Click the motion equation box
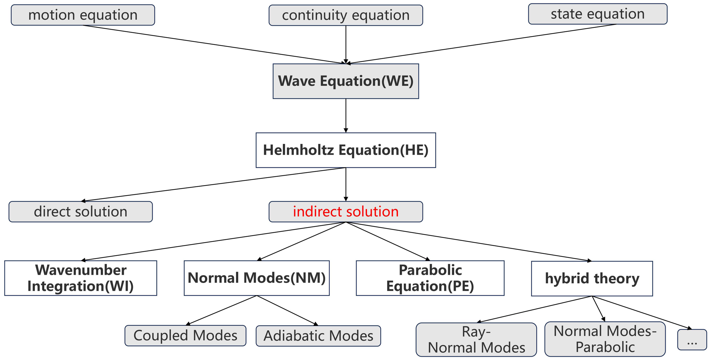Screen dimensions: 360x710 point(83,15)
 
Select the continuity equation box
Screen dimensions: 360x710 point(346,15)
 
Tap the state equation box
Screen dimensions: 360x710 point(598,14)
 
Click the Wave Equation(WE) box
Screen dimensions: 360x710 point(346,81)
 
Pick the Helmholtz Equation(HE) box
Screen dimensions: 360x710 point(346,150)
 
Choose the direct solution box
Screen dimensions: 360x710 point(80,212)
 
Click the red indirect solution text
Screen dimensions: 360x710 point(346,212)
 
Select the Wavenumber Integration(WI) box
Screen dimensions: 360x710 point(80,278)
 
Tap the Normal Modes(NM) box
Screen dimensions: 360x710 point(256,278)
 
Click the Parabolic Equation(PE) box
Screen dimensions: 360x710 point(430,278)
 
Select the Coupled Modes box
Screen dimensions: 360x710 point(185,336)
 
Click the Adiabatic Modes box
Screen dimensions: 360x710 point(318,336)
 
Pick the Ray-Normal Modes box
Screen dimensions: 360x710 point(476,340)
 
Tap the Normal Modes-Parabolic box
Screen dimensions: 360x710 point(605,339)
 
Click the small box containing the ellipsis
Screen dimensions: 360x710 point(692,340)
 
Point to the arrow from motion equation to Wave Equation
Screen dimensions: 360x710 point(213,44)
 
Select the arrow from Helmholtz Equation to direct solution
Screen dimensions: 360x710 point(213,185)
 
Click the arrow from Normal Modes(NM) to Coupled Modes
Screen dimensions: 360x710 point(222,310)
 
